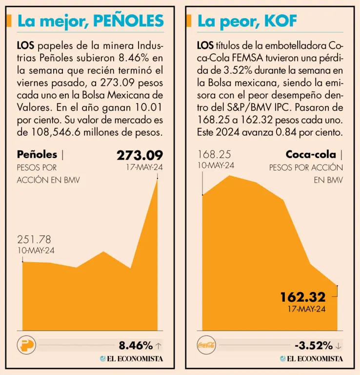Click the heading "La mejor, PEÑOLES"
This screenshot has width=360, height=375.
click(x=90, y=21)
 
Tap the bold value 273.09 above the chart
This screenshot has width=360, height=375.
click(x=140, y=155)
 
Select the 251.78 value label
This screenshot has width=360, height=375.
click(x=34, y=240)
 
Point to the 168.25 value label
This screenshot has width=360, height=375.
click(x=214, y=155)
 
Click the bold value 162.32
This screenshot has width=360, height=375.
click(x=302, y=297)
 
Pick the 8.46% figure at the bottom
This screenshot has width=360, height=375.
click(x=136, y=346)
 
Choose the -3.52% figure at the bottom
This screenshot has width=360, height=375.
click(x=314, y=346)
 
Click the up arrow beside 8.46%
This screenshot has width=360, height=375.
click(x=158, y=346)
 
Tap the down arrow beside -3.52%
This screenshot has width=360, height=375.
click(x=339, y=346)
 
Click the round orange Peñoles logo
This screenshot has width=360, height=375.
click(x=26, y=345)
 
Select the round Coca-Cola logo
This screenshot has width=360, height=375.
click(x=206, y=345)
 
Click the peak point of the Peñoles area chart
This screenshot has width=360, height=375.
click(x=157, y=180)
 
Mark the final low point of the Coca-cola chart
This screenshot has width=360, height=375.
click(x=337, y=286)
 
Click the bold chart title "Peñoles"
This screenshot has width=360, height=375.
click(x=37, y=155)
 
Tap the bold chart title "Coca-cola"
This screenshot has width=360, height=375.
click(x=311, y=155)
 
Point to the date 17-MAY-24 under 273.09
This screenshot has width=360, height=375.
click(x=144, y=167)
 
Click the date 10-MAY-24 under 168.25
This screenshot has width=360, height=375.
click(x=216, y=166)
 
